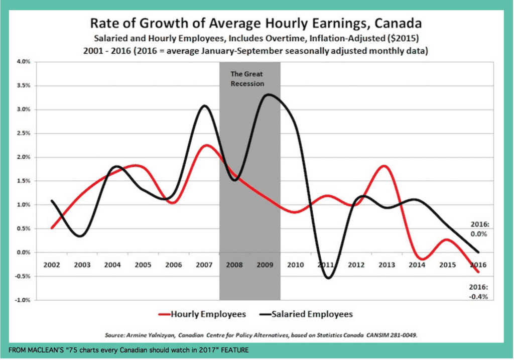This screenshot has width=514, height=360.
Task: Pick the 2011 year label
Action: coord(327,264)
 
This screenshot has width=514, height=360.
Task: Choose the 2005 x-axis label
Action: coord(144,264)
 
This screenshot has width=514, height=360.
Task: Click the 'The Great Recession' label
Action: coord(247,79)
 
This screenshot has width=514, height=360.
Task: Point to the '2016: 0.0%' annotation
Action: coord(478,229)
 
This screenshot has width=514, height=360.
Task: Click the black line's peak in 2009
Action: coord(269,94)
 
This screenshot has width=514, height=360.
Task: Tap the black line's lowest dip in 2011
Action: coord(328,278)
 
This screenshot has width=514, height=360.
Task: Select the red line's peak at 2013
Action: coord(383,166)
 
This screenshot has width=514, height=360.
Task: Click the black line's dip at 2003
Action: coord(81,236)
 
